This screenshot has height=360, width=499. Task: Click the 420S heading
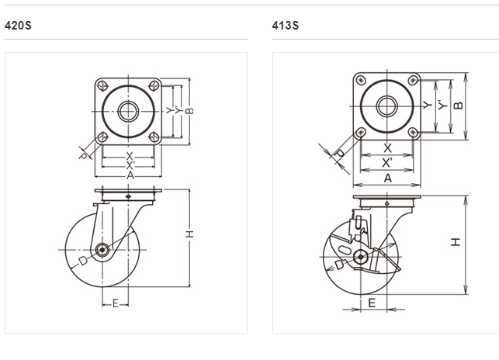point(18,26)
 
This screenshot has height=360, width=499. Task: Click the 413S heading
point(285,26)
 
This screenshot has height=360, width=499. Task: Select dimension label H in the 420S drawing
point(189,235)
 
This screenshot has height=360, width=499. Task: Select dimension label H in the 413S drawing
point(457,242)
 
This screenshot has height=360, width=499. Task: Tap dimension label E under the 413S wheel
point(372,303)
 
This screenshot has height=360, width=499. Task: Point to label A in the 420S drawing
point(130,176)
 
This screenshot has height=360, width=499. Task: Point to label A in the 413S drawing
point(387,178)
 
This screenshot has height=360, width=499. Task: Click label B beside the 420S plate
point(189,110)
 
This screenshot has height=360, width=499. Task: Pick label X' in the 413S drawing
point(387,162)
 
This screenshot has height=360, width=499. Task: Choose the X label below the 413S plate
point(387,147)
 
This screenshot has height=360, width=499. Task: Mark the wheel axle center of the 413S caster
point(360,257)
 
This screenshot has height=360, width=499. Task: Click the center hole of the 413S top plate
point(386,106)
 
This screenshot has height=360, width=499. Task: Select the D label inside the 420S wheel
point(83,261)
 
